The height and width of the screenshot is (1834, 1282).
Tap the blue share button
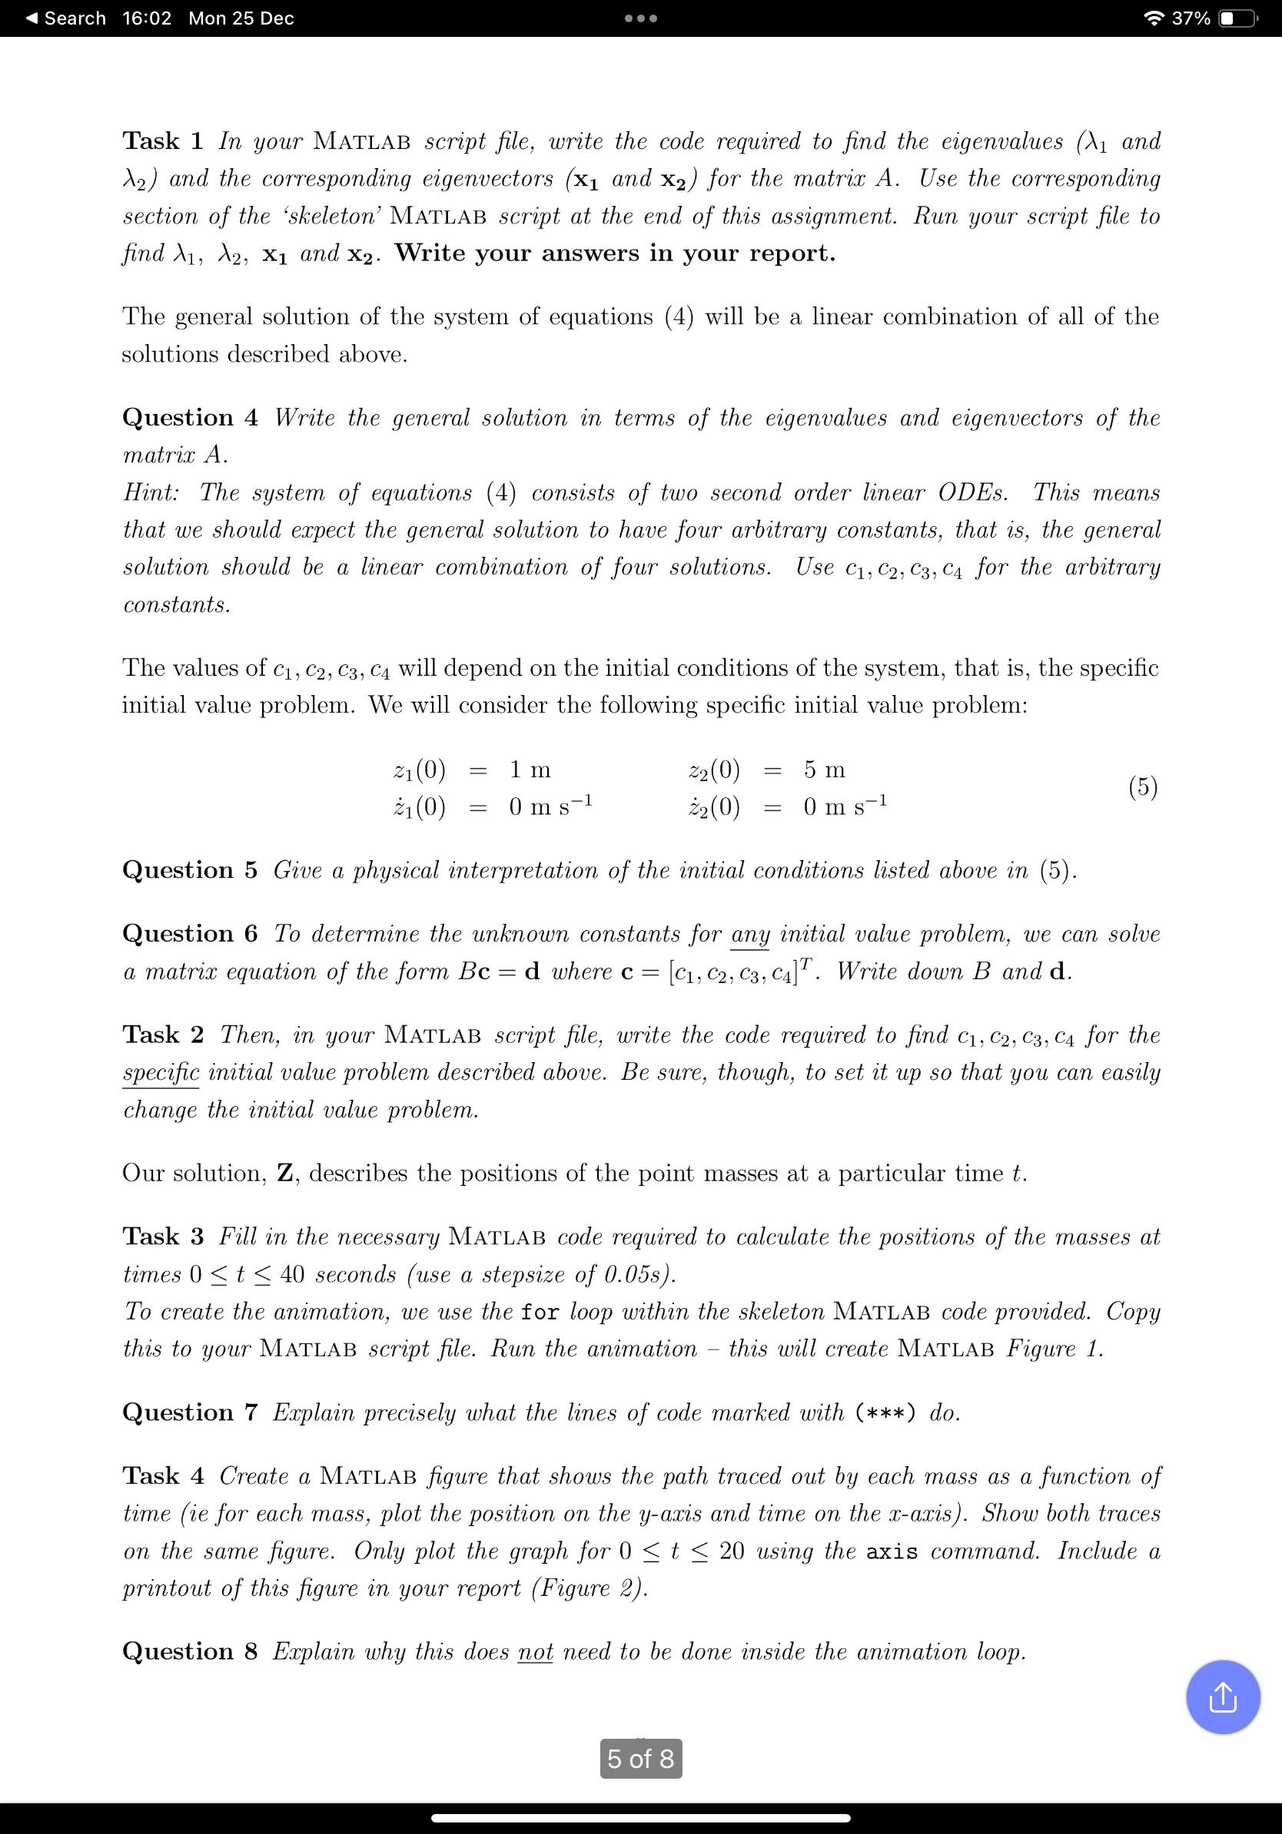click(1223, 1697)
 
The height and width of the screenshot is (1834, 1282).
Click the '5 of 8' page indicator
click(640, 1758)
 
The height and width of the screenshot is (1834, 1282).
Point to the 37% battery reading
click(1191, 18)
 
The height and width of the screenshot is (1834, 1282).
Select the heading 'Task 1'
click(162, 141)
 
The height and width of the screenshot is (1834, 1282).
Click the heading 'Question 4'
click(189, 418)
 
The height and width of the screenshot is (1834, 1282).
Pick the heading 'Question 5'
click(189, 870)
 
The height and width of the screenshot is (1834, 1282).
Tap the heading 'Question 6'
click(189, 934)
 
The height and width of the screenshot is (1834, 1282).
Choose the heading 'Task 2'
click(162, 1035)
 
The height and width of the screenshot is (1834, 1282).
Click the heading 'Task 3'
click(162, 1236)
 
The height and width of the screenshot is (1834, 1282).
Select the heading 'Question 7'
click(189, 1412)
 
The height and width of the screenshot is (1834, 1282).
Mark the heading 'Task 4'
click(162, 1476)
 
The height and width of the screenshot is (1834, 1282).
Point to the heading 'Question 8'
click(189, 1651)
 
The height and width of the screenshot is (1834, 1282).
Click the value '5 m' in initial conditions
click(824, 770)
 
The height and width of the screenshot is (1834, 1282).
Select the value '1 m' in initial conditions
click(530, 770)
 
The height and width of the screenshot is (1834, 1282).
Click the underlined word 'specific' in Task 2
click(161, 1073)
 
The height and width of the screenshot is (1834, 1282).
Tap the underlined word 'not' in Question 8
click(536, 1651)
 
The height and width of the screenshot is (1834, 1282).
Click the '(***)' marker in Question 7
click(885, 1413)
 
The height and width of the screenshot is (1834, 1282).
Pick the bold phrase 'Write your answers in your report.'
click(615, 253)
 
